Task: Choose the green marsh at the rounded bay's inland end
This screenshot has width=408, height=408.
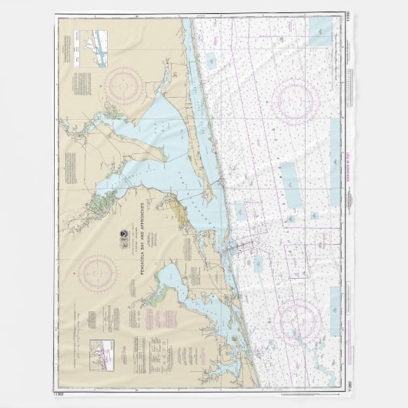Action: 162,305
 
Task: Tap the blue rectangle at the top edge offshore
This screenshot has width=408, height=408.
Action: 317,29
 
